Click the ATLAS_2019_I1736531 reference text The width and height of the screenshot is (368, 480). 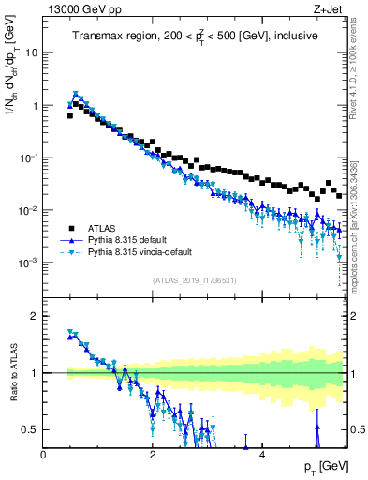pos(195,280)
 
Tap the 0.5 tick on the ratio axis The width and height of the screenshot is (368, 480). pos(31,429)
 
